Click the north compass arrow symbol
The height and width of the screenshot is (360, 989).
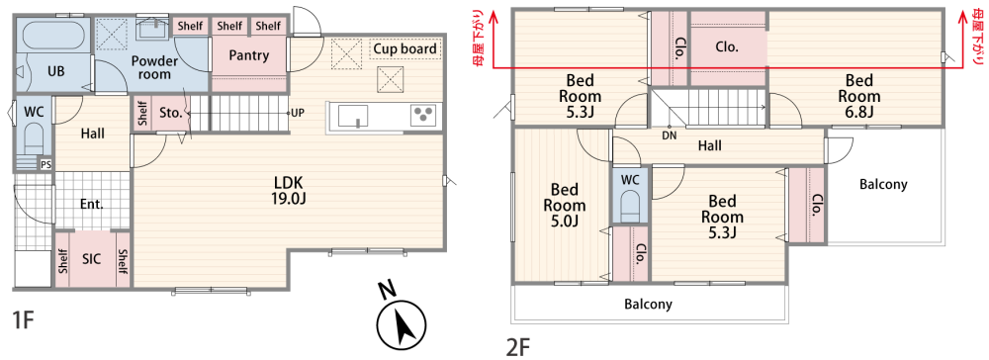point(401,322)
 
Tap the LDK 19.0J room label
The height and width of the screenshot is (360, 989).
point(290,191)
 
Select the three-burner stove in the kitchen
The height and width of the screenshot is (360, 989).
point(422,116)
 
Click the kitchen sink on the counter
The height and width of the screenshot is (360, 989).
point(353,116)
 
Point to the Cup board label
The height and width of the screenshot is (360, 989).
point(405,49)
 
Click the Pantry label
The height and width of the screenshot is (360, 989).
point(249,55)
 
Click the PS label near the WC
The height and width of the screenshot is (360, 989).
point(45,164)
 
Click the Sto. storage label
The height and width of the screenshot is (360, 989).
point(170,114)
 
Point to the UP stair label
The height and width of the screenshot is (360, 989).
point(298,114)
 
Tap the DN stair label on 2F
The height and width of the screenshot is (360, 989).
point(670,135)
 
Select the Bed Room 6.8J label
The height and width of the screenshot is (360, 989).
point(859,97)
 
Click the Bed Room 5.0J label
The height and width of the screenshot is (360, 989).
point(565,205)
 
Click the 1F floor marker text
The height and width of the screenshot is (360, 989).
point(23,320)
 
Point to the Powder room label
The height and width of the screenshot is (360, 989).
point(154,67)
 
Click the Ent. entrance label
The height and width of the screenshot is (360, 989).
point(91,205)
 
